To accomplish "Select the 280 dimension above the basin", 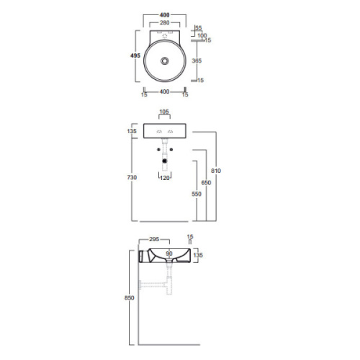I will click(166, 23).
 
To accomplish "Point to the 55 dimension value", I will click(199, 27).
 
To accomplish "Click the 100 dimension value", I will click(202, 35).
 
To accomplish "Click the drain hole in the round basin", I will click(166, 63).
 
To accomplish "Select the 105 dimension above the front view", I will click(165, 113).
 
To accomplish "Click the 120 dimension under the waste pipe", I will click(166, 177).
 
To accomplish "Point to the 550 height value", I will click(195, 194).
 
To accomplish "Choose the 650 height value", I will click(207, 183).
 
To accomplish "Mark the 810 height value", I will click(217, 171).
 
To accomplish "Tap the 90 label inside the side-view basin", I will click(170, 253).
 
